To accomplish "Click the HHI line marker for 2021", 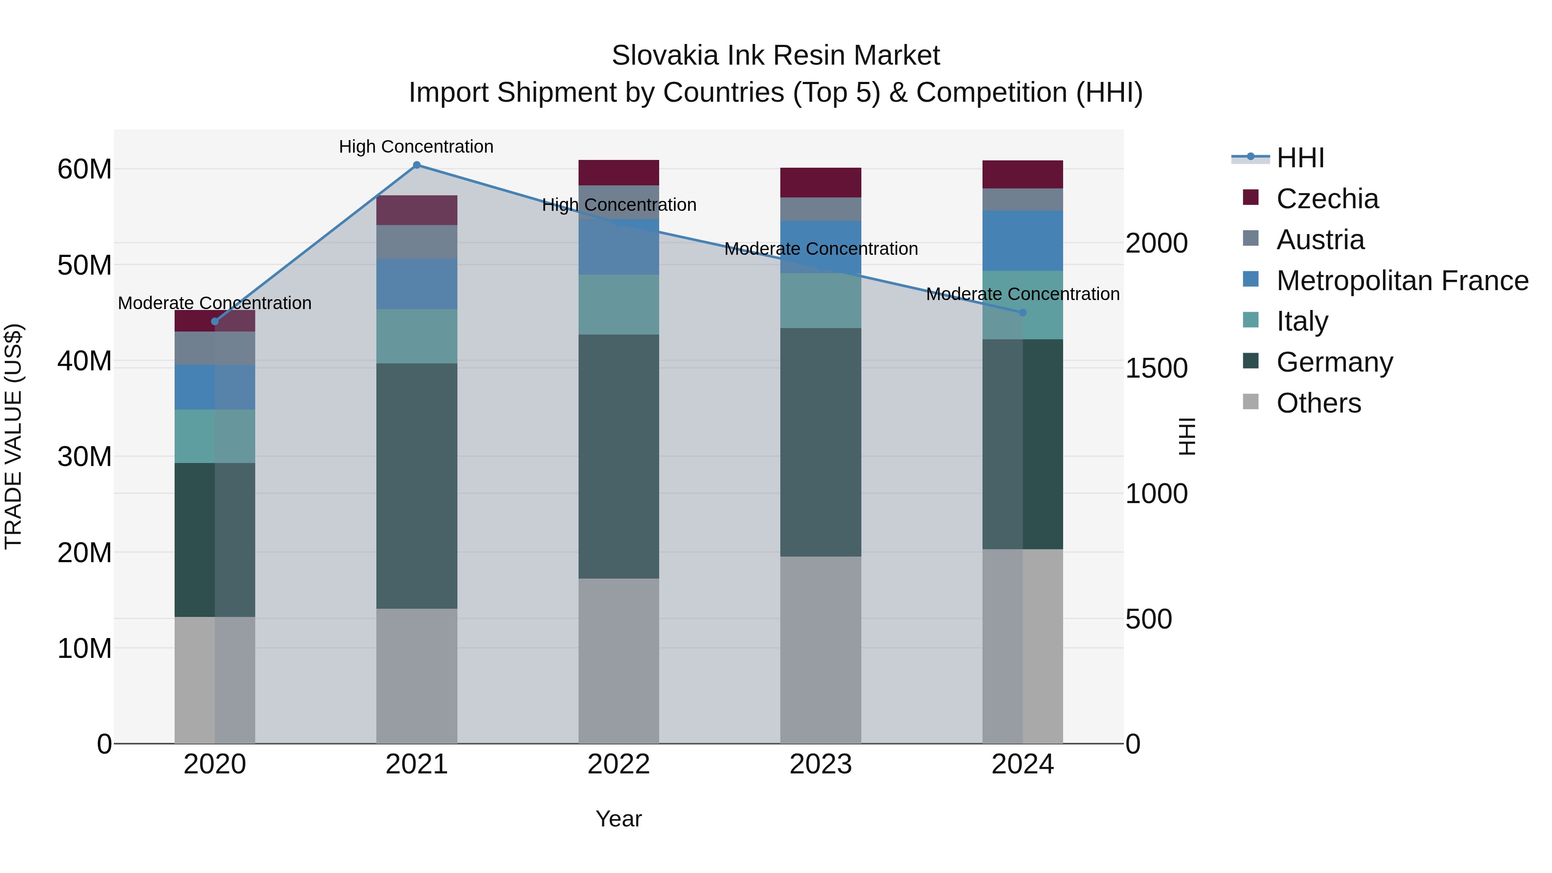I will [x=416, y=165].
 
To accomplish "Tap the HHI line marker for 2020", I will [x=215, y=322].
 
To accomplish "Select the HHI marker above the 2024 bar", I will [x=1023, y=313].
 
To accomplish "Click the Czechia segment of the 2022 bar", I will [x=618, y=173].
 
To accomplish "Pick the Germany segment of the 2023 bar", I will [x=820, y=442].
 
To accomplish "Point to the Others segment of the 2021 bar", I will [x=416, y=676].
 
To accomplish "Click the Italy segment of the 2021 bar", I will [x=416, y=336].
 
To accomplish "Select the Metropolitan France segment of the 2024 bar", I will [x=1023, y=241].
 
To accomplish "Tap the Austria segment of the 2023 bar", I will [x=820, y=209].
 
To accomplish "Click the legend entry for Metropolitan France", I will [x=1402, y=281].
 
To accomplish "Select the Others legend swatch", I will [x=1251, y=402].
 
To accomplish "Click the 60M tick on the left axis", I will [x=84, y=169].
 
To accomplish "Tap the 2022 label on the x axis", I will [x=618, y=764].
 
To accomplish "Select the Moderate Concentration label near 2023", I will [x=820, y=249].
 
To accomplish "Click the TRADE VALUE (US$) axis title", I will [x=14, y=436].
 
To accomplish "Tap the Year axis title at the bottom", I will [x=618, y=819].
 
